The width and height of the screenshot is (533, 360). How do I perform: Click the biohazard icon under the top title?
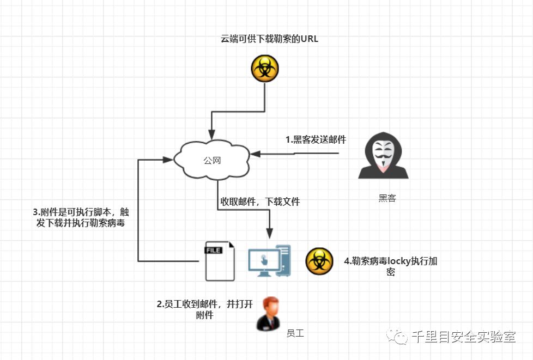coord(264,69)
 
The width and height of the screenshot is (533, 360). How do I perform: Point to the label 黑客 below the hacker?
coord(387,198)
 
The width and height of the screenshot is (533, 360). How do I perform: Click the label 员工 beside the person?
coord(295,332)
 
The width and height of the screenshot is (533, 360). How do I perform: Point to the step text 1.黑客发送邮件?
coord(316,139)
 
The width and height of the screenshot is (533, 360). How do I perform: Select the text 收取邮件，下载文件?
coord(260,202)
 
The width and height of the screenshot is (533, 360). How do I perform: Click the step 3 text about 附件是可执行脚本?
coord(81,217)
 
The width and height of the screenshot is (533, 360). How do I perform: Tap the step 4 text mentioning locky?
coord(390,266)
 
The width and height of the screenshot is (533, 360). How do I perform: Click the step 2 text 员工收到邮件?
coord(205,309)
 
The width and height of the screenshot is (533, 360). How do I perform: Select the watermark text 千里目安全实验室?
coord(463,337)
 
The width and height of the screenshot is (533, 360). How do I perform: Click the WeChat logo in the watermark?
coord(397,337)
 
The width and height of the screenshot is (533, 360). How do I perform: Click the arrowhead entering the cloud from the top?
coord(212,133)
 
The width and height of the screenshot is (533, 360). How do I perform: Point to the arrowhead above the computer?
coord(269,233)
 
